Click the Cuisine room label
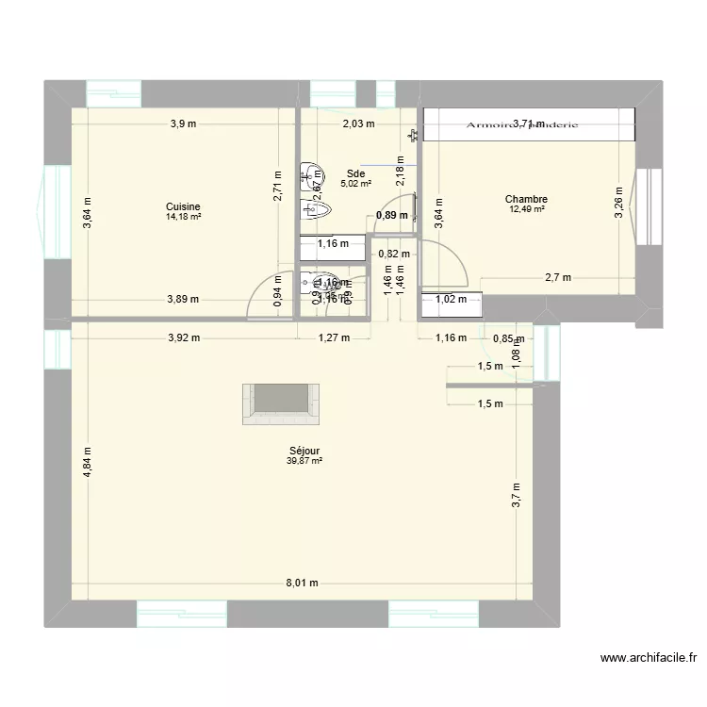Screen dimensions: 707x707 click(x=183, y=206)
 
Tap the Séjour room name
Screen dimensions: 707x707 click(x=304, y=451)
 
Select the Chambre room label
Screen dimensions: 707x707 click(x=526, y=199)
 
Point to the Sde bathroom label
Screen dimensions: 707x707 click(x=355, y=173)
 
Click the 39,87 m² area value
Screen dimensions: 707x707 click(x=304, y=461)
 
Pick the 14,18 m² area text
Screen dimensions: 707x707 click(x=183, y=217)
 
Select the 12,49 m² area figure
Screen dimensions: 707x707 click(x=526, y=209)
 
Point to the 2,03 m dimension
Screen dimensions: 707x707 click(x=358, y=123)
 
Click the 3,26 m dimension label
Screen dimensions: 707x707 click(x=619, y=201)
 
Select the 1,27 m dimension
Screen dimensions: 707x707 click(x=334, y=337)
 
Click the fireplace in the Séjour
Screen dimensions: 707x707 click(x=283, y=404)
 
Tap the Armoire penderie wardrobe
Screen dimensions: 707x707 click(x=528, y=123)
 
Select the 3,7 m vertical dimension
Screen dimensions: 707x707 click(x=517, y=494)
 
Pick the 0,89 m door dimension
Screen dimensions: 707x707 click(x=392, y=215)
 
